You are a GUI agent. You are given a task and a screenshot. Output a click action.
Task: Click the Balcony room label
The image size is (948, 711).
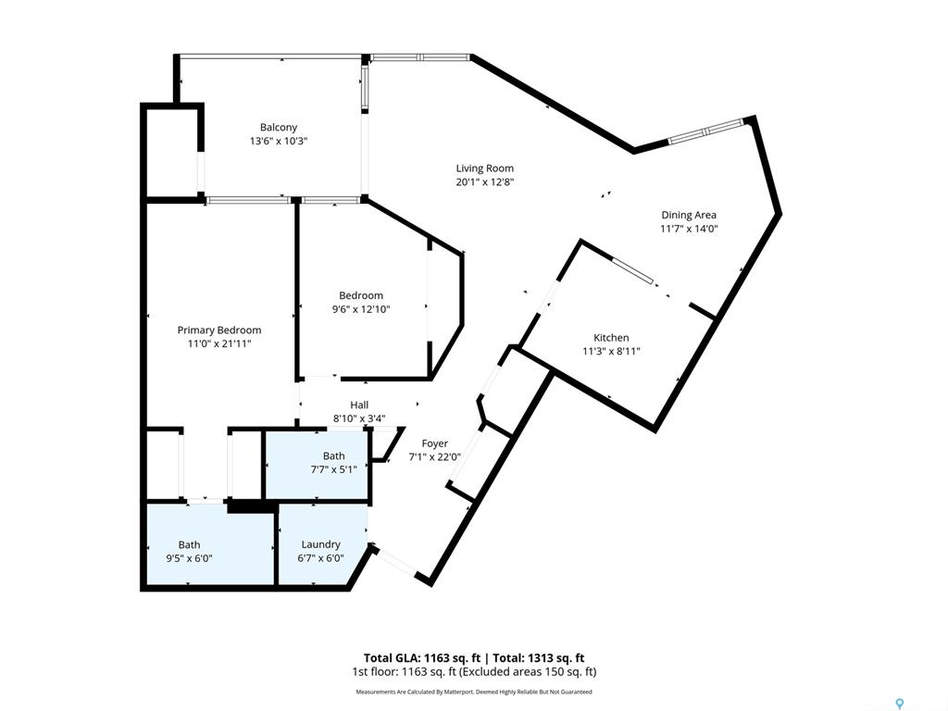279,127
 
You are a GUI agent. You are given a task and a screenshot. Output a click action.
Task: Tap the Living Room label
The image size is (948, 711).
484,168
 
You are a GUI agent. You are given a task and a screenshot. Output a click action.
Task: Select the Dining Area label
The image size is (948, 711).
688,215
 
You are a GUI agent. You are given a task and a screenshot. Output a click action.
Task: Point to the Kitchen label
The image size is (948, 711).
611,338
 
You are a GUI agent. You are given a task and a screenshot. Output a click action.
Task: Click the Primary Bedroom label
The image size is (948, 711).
219,330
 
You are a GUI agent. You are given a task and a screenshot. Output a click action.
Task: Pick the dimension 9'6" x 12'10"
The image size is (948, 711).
360,309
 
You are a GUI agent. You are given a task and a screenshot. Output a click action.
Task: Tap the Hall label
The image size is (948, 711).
359,405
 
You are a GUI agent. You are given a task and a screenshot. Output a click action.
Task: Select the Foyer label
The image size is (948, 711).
434,443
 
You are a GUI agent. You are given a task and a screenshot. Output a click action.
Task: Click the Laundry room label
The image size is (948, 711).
320,544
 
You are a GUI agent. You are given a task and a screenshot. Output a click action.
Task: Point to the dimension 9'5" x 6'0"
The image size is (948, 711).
189,558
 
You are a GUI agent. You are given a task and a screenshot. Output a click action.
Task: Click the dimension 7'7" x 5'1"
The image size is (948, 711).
333,469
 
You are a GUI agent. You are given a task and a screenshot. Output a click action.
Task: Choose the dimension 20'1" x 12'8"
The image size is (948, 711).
484,182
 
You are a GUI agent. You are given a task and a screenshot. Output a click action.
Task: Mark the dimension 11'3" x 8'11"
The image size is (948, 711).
611,351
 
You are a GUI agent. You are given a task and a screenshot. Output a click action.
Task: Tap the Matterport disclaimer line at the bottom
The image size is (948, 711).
474,692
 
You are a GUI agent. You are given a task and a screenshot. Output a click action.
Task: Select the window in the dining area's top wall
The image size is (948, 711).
705,131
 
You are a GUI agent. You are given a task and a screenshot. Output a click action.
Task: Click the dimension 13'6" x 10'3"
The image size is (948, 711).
279,141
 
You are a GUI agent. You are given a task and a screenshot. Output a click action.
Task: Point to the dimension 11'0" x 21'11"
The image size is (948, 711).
219,343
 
